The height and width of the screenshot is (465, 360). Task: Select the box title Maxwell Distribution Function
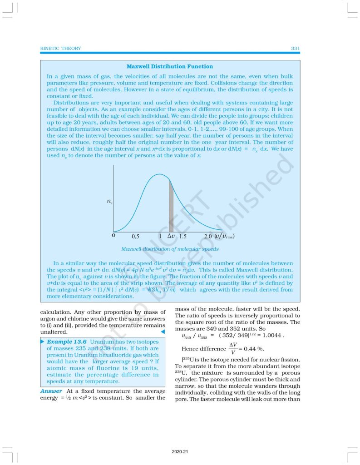(169, 66)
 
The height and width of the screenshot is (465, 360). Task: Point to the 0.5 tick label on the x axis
(135, 237)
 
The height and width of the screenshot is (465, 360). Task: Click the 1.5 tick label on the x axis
(183, 237)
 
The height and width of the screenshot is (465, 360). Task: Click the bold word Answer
(51, 391)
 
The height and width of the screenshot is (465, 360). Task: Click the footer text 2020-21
(180, 452)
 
